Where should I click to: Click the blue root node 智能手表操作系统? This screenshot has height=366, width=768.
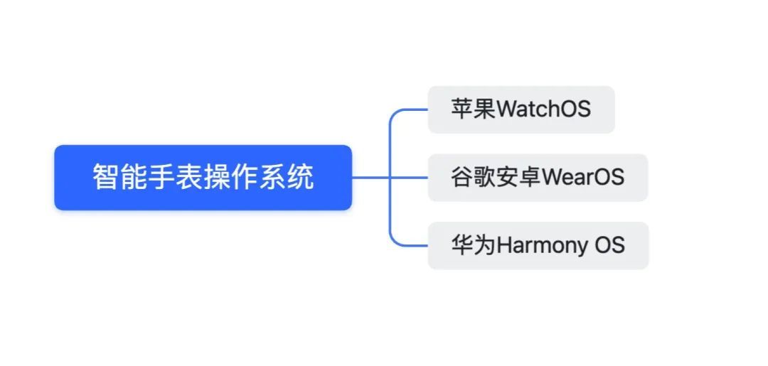(x=203, y=178)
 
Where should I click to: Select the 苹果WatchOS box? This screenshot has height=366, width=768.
(x=521, y=109)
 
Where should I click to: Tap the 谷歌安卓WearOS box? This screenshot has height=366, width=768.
(x=538, y=178)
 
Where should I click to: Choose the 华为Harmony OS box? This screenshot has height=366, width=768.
(x=538, y=246)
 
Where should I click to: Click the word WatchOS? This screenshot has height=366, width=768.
(x=543, y=109)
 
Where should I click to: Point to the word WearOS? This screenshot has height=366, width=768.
(x=583, y=178)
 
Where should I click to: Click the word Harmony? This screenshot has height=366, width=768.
(x=542, y=246)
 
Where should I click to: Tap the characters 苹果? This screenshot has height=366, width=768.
(x=473, y=109)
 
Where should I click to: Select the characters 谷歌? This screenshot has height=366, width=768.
(x=473, y=178)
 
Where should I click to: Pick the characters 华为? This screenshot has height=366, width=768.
(x=473, y=246)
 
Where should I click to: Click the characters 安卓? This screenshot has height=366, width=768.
(x=518, y=178)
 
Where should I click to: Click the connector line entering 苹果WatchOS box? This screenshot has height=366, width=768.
(x=412, y=110)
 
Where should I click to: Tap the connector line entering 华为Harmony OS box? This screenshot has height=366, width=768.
(x=412, y=246)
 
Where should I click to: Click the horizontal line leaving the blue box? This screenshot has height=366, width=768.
(x=370, y=178)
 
